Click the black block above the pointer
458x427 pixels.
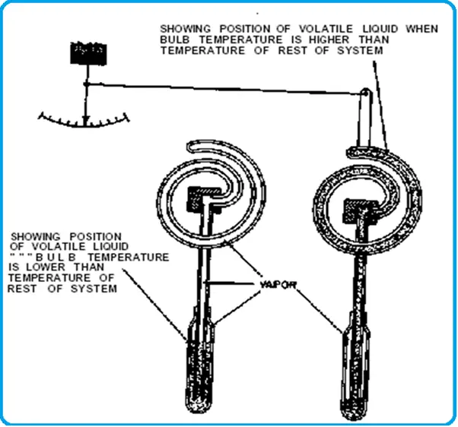[87, 53]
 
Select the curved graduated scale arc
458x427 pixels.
[86, 121]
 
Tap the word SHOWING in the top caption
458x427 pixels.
[183, 28]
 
